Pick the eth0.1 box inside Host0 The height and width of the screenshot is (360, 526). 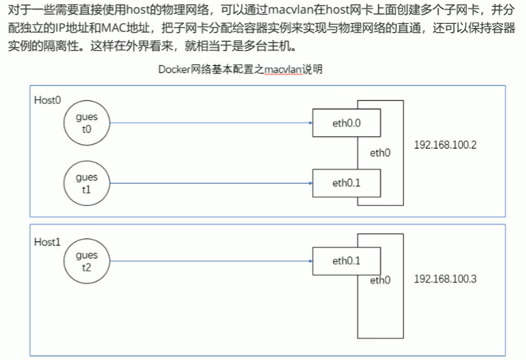click(x=346, y=183)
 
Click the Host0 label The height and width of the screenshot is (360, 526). click(x=48, y=100)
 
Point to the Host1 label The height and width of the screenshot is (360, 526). click(x=48, y=241)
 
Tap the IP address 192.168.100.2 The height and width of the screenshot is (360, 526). click(x=446, y=145)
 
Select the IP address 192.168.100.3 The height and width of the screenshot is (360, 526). click(x=446, y=279)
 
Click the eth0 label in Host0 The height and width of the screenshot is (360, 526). click(x=380, y=152)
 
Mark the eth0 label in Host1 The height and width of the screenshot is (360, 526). click(x=380, y=280)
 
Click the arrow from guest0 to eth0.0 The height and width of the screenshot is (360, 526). click(x=210, y=123)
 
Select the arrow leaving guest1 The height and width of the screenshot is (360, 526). click(x=210, y=183)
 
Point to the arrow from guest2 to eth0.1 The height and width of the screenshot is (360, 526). click(x=210, y=261)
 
